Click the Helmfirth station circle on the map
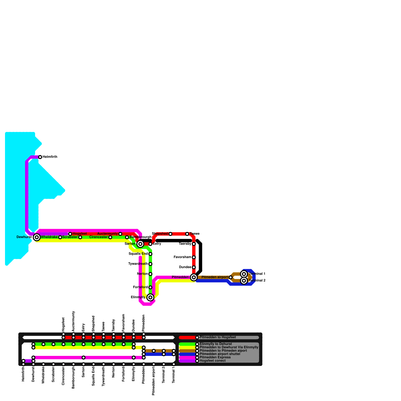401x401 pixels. [40, 157]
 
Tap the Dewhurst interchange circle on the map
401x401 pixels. [37, 237]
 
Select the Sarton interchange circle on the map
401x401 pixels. [140, 244]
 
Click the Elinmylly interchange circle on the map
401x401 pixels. [150, 297]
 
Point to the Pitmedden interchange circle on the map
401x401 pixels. [193, 277]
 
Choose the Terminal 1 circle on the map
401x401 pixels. [244, 274]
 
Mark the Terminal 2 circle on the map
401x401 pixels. [244, 281]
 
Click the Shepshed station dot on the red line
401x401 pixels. [170, 234]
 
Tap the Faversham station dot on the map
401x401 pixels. [194, 257]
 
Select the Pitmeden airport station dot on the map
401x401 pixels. [231, 277]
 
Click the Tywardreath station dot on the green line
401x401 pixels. [150, 264]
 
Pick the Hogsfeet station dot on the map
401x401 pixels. [70, 234]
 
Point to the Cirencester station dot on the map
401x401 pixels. [110, 237]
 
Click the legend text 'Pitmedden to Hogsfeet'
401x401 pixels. [218, 337]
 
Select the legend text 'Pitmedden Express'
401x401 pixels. [215, 357]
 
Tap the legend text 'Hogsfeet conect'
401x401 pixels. [213, 361]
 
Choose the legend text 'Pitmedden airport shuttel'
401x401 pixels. [220, 354]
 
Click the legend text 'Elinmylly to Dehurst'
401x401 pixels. [216, 344]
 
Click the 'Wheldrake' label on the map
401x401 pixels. [49, 237]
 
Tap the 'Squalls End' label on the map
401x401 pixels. [138, 254]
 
